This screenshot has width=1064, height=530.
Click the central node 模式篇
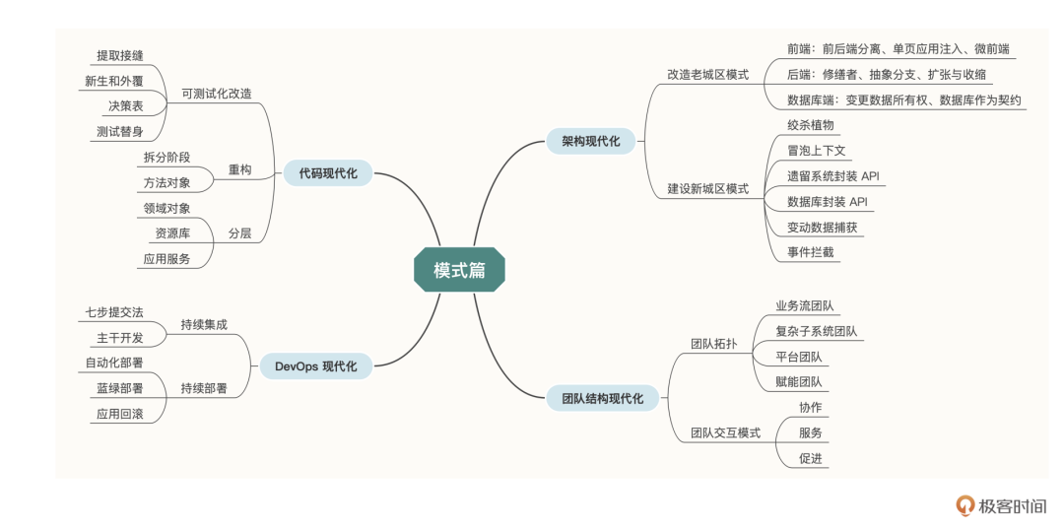(x=459, y=269)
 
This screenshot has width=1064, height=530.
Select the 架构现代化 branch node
(x=591, y=141)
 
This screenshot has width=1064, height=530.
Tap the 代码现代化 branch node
(x=328, y=173)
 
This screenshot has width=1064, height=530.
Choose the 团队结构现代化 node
(x=602, y=398)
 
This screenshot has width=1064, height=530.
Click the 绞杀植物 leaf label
(x=810, y=125)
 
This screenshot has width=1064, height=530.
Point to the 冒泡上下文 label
(x=817, y=151)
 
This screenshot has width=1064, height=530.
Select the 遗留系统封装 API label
(x=832, y=176)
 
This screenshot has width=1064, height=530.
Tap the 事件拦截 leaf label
(x=810, y=252)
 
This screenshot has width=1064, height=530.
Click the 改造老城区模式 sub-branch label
(x=707, y=74)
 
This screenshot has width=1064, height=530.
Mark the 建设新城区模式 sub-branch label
(x=707, y=188)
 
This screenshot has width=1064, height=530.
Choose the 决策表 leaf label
(x=125, y=106)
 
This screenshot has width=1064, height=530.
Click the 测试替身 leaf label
(x=119, y=131)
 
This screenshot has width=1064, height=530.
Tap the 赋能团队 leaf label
(x=798, y=381)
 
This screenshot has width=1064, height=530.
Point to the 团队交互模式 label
(x=724, y=432)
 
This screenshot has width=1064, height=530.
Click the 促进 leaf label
(x=810, y=458)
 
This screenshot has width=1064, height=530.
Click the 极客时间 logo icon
(x=965, y=505)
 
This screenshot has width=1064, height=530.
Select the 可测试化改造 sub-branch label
(x=217, y=94)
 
